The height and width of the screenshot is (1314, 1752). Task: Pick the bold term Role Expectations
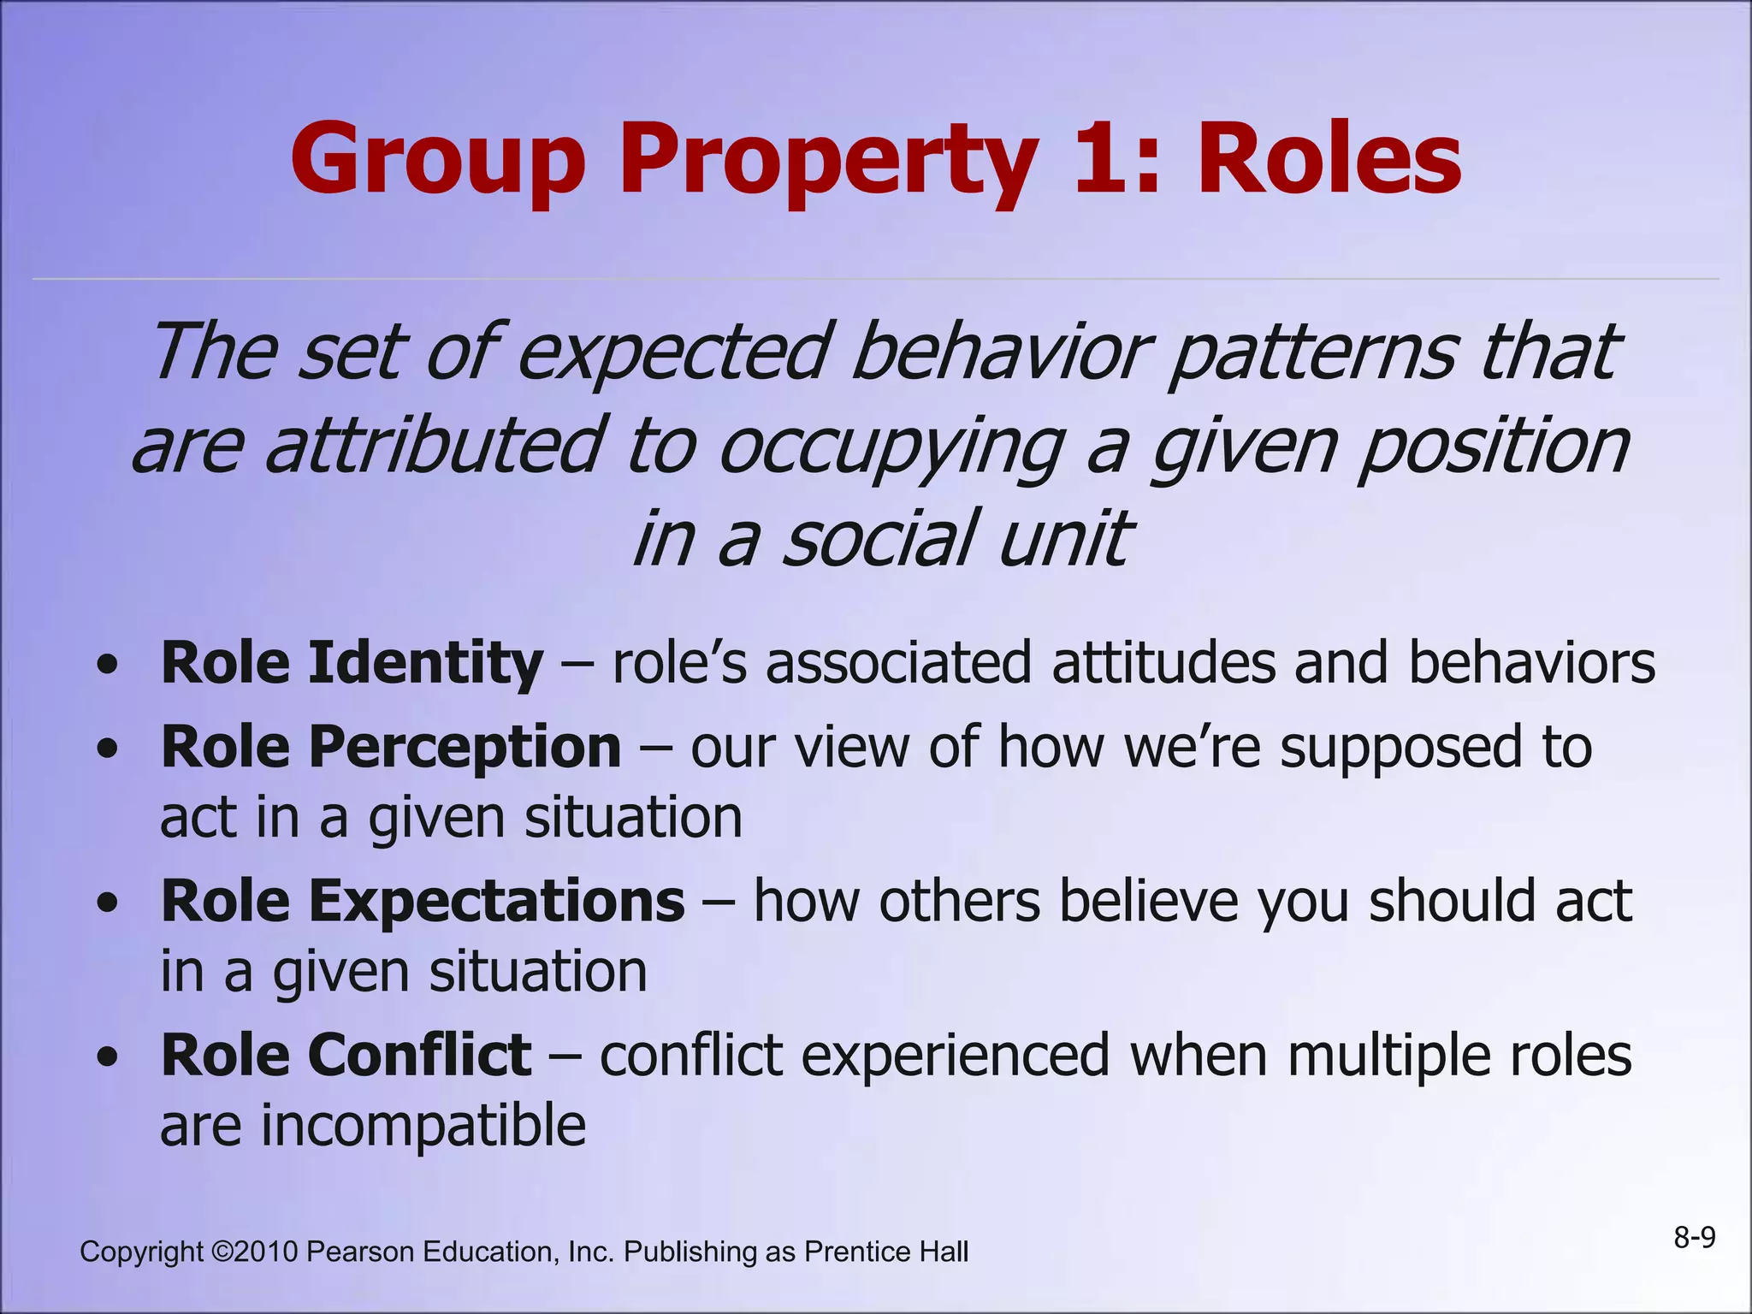[x=423, y=902]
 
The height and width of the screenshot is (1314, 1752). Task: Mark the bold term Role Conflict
[x=346, y=1055]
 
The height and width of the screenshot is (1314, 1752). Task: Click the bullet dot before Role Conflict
[x=107, y=1058]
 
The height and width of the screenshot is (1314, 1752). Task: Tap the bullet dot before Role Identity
[x=107, y=666]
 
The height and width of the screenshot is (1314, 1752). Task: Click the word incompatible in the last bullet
[x=423, y=1126]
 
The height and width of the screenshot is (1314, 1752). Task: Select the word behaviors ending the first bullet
[x=1531, y=664]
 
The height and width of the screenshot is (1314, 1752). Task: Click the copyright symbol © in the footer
[x=222, y=1252]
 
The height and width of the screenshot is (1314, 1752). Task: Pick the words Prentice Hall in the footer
[x=886, y=1252]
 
